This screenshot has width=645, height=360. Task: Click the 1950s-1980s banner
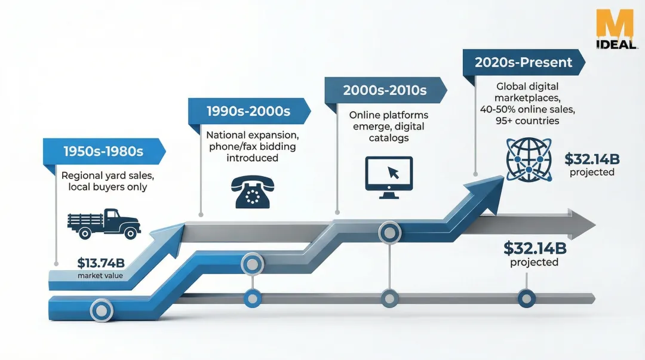point(103,151)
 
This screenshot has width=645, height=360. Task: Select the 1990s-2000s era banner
point(248,111)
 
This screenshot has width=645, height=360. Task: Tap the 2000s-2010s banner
point(385,91)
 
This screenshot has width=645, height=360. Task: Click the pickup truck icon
point(104,223)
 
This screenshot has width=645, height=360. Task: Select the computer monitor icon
point(389,177)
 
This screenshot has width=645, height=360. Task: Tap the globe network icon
point(529,159)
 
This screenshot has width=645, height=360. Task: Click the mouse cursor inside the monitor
point(393,173)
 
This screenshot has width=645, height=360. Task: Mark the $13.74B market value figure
point(100,263)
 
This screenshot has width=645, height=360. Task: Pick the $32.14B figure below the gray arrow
point(534,247)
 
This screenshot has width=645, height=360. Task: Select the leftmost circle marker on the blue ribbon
point(101,309)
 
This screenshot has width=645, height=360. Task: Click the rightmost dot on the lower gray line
point(526,297)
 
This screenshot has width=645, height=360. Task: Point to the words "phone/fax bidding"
point(251,146)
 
